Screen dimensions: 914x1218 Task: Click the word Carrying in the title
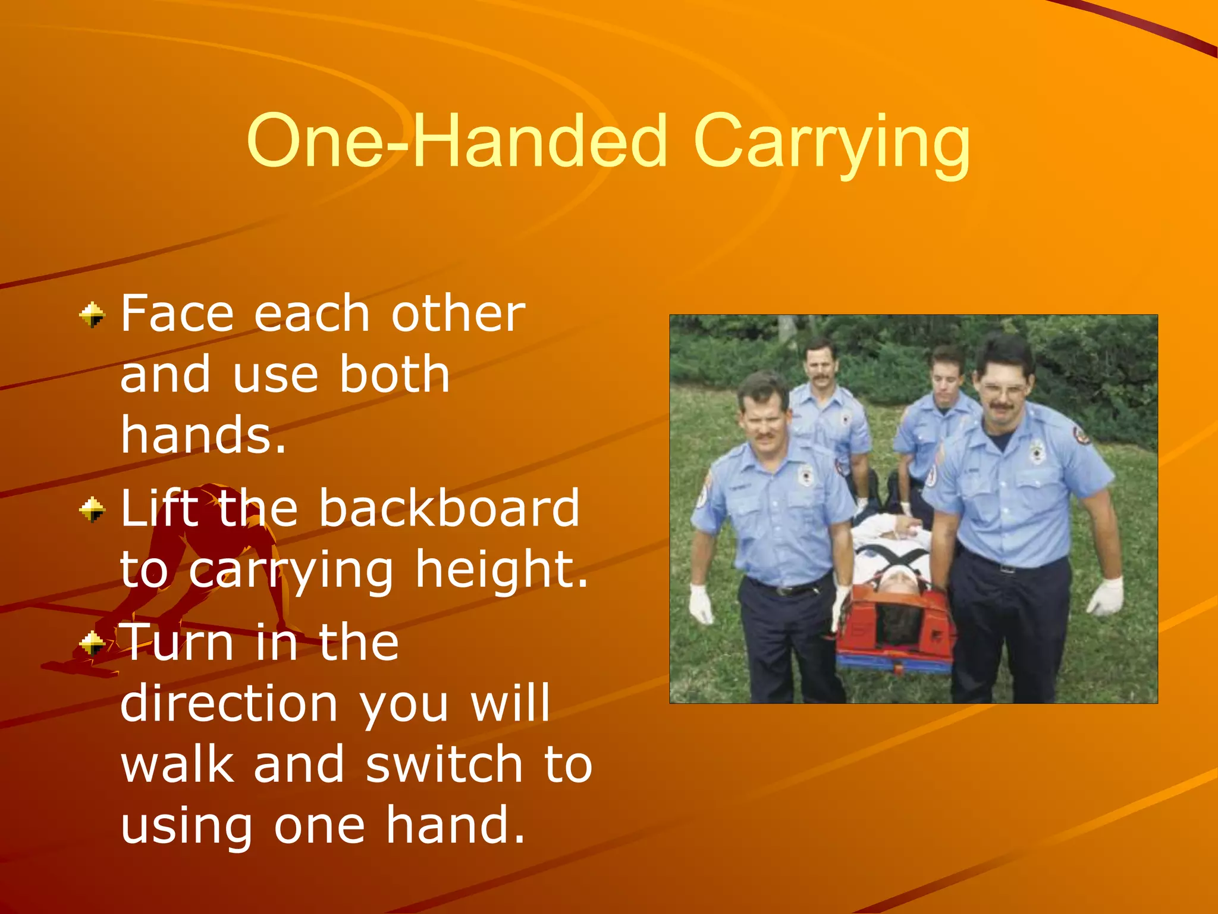point(831,143)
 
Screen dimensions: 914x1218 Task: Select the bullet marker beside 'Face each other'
point(92,315)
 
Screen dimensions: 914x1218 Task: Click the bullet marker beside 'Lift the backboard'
point(92,509)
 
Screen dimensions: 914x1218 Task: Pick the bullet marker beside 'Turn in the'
point(92,643)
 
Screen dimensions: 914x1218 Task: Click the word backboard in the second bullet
point(449,508)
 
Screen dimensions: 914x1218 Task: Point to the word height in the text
point(501,569)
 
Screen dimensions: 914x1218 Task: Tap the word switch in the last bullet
point(443,764)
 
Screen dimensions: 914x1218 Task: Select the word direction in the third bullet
point(229,703)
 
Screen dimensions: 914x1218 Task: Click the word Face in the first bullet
point(177,314)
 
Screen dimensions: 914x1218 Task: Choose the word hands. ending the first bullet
point(203,435)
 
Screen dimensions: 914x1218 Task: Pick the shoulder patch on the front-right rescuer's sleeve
point(1081,436)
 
